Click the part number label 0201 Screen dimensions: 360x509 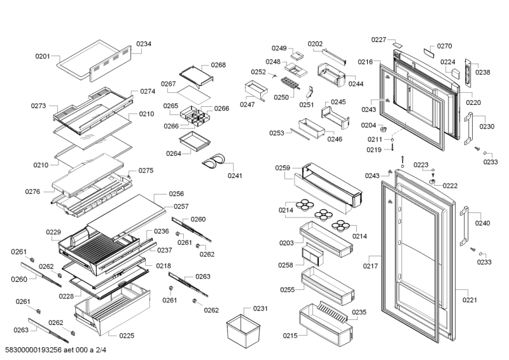[x=43, y=57]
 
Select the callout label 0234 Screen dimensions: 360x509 [x=144, y=44]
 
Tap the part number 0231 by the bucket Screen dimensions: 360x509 [x=260, y=308]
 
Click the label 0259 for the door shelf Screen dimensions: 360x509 [x=282, y=168]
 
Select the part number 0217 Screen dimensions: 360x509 [x=371, y=267]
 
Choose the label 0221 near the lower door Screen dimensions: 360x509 [x=470, y=300]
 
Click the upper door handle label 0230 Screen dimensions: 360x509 [x=487, y=127]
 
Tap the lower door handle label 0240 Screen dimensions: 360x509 [x=483, y=223]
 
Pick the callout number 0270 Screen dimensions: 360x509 [x=445, y=46]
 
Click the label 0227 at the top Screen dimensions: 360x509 [x=379, y=40]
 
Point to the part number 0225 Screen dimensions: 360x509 [x=127, y=335]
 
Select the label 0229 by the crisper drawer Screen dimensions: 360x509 [x=53, y=233]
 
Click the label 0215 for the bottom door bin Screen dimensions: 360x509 [x=291, y=335]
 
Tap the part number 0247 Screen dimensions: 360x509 [x=248, y=104]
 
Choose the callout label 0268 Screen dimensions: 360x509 [x=218, y=65]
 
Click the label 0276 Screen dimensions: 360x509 [x=33, y=191]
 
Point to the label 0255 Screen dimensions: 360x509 [x=287, y=289]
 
